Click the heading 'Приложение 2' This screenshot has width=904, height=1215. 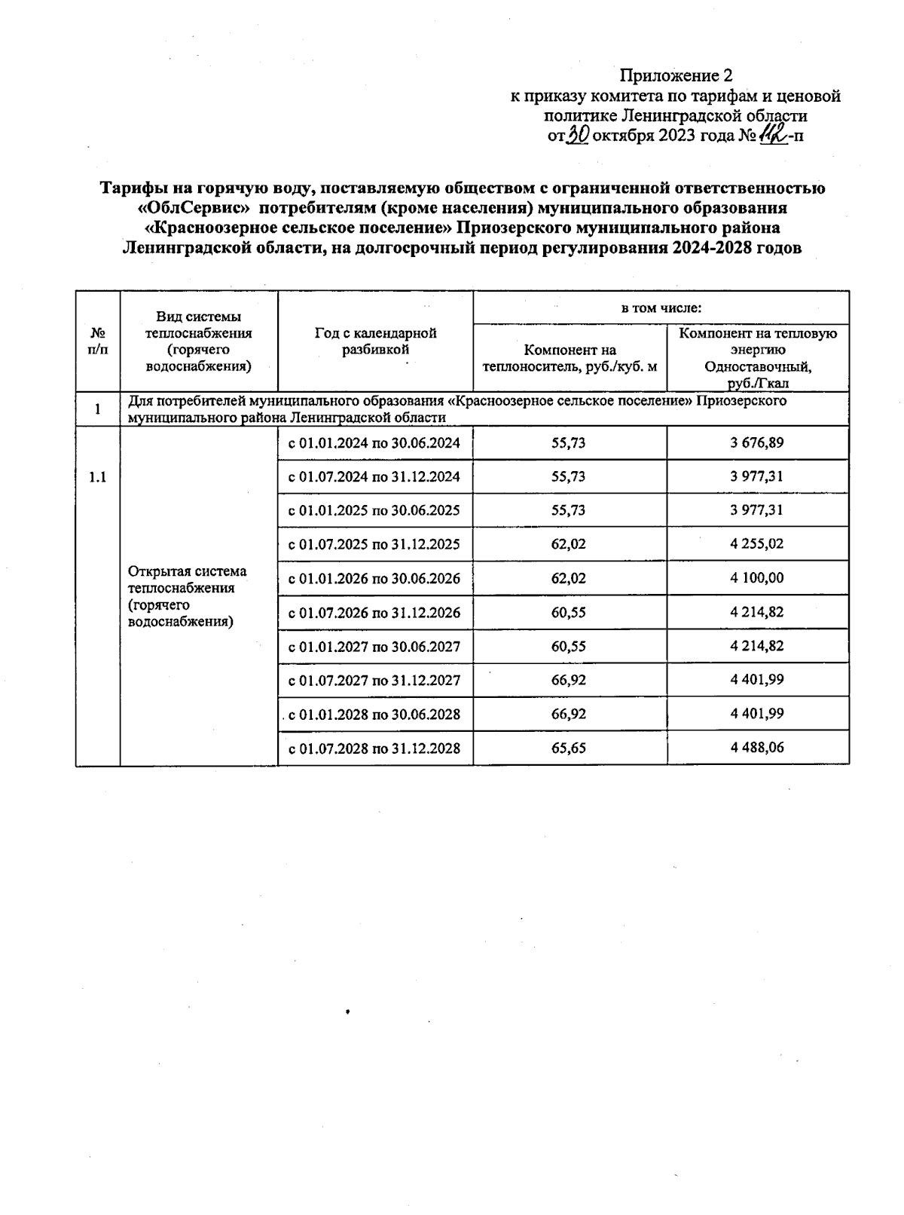676,75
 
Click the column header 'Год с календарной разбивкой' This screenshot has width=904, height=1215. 375,341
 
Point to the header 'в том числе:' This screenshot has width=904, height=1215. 661,308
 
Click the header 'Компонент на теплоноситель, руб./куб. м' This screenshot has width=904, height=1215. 570,358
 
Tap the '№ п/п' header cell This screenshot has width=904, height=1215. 98,341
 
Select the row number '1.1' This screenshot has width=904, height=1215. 98,477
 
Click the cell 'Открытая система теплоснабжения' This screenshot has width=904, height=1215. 188,596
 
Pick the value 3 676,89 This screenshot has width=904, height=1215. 756,442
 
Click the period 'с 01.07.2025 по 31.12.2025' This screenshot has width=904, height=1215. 374,545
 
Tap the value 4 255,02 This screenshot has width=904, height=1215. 756,544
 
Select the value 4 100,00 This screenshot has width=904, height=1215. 756,578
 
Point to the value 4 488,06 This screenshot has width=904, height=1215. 756,748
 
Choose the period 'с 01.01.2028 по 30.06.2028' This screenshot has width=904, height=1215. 374,715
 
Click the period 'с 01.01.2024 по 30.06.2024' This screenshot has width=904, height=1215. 374,443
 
